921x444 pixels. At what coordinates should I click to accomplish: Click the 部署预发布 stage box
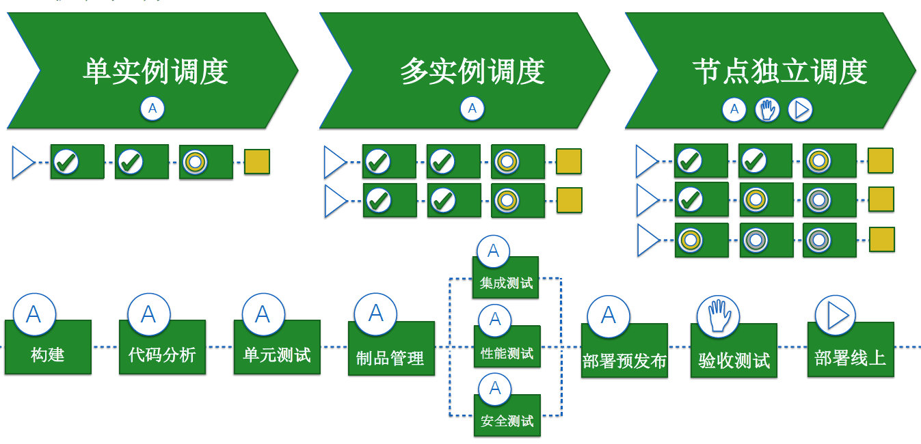pos(624,359)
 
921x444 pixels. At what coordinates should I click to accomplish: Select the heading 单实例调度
pos(155,72)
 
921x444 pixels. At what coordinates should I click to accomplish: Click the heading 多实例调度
pos(472,72)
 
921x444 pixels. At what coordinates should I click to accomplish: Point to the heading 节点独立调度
pos(779,72)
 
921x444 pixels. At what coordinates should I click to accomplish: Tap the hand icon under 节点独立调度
pos(767,109)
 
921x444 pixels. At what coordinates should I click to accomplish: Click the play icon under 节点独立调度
pos(800,109)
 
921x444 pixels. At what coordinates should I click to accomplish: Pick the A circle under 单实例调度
pos(152,108)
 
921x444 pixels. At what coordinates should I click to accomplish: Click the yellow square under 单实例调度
pos(257,162)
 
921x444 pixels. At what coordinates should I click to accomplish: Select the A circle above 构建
pos(32,314)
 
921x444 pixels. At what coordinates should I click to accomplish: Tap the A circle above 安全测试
pos(494,389)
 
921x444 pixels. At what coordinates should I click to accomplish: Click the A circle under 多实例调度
pos(472,108)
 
